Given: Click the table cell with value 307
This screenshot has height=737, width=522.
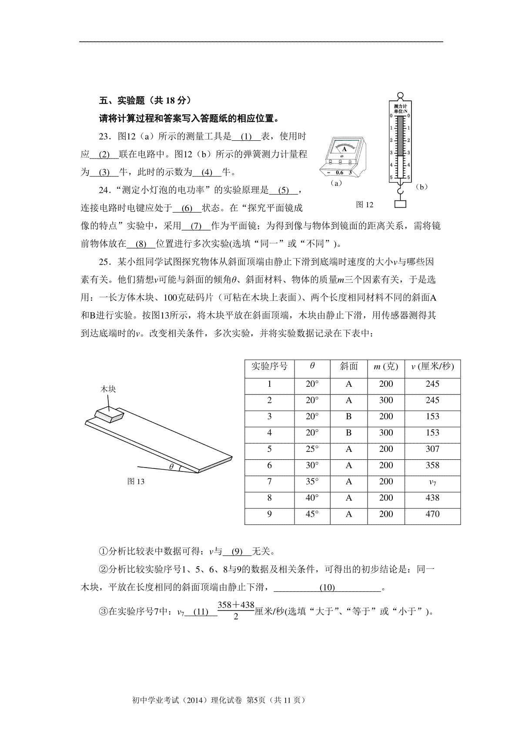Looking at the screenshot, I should [432, 449].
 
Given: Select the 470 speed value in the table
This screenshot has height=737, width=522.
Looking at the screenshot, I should [432, 515].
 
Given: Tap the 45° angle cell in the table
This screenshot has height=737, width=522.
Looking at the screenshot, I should [312, 515].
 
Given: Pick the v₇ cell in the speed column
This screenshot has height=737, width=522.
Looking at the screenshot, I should [432, 482].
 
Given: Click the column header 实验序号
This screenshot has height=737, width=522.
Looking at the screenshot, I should [269, 366].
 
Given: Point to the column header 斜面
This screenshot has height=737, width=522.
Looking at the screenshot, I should [348, 366].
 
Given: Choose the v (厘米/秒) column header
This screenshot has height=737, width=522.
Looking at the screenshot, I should [432, 366].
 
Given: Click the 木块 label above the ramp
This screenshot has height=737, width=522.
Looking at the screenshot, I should [108, 389].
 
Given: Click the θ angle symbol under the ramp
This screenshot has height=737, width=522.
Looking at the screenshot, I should [171, 467].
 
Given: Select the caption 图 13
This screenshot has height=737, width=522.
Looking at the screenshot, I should [136, 481].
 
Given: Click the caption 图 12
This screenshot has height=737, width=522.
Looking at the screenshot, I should [365, 205].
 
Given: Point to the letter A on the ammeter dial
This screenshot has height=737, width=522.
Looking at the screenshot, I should [344, 149].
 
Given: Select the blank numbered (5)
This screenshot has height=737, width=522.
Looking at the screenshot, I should [283, 190].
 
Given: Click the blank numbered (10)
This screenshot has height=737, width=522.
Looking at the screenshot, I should [327, 588].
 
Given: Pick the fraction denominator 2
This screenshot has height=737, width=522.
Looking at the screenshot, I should [235, 617].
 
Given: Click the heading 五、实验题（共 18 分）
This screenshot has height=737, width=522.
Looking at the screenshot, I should [145, 101].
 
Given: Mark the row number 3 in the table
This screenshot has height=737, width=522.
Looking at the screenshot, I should [269, 417].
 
